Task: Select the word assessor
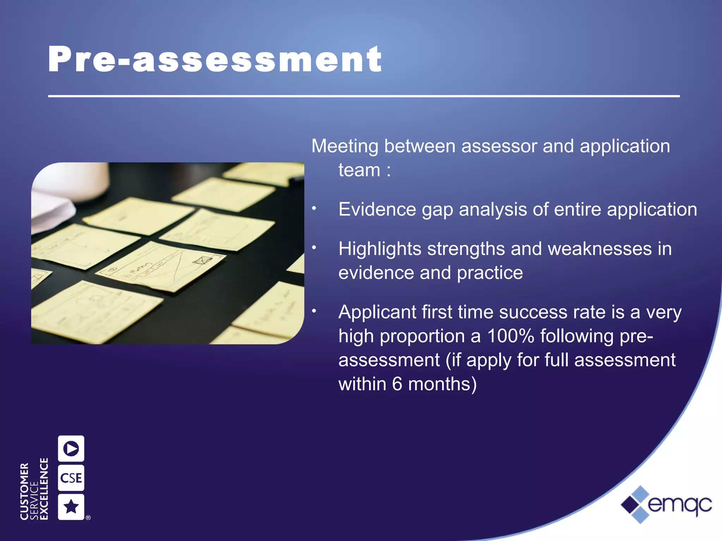(x=498, y=146)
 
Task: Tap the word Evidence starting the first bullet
(x=377, y=210)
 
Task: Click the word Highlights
(x=380, y=249)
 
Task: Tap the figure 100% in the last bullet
(x=510, y=336)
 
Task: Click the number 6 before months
(x=397, y=384)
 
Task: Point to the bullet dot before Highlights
(x=314, y=248)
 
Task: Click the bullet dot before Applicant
(x=314, y=311)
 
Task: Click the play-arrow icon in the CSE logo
(x=71, y=448)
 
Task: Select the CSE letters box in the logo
(x=71, y=478)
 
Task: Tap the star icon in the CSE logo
(x=71, y=507)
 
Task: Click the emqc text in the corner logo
(x=679, y=505)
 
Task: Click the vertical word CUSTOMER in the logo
(x=24, y=491)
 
